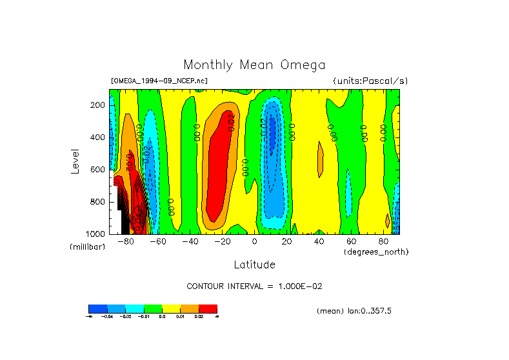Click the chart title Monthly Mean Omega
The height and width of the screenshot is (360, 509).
(x=254, y=65)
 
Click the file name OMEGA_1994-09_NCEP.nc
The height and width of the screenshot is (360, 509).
(x=159, y=81)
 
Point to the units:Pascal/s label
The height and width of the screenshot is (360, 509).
(x=370, y=81)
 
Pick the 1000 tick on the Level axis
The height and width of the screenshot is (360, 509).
(x=96, y=234)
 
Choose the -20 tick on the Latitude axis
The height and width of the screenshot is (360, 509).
(x=223, y=242)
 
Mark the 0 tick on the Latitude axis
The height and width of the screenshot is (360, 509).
(x=254, y=242)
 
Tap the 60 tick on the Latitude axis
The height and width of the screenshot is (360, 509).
(x=351, y=242)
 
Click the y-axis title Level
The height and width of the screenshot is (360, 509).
(x=76, y=161)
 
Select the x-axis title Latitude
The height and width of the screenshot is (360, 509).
(x=254, y=265)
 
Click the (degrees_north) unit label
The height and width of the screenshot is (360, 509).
(x=376, y=252)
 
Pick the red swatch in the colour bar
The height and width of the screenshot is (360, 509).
(x=208, y=308)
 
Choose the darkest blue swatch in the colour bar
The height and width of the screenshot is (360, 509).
(x=97, y=308)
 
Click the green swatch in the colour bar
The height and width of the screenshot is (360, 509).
(x=153, y=308)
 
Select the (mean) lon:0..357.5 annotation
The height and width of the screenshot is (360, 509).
(x=354, y=311)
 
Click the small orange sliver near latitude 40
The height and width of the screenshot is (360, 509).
(x=319, y=159)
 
